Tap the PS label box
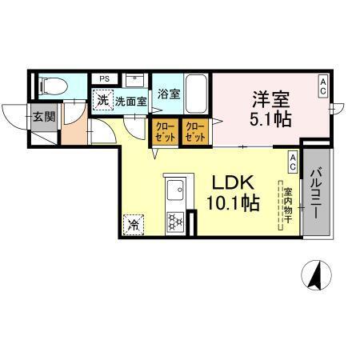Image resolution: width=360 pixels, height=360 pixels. [x=105, y=78]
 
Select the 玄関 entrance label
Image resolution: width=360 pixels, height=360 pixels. [x=43, y=115]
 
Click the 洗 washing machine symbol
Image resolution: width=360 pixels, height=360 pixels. [x=102, y=101]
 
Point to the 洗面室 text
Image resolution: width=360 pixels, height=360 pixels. [x=129, y=102]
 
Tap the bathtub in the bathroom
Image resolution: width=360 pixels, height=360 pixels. [x=197, y=94]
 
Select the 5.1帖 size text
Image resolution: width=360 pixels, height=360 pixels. [x=271, y=119]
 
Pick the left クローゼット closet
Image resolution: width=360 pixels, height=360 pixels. [x=163, y=130]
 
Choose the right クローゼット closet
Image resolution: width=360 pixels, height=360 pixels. [x=194, y=130]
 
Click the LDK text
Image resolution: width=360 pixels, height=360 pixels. [x=232, y=182]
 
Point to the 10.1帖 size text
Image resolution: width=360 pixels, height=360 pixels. [x=232, y=203]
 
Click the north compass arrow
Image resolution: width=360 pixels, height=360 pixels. [x=314, y=275]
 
